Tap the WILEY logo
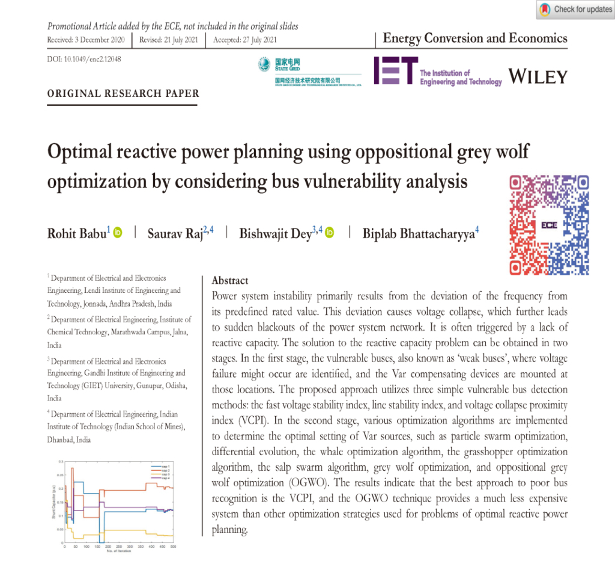tap(538, 76)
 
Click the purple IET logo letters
tap(395, 70)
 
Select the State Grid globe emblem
tap(264, 64)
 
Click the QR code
tap(549, 224)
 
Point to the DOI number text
tap(84, 60)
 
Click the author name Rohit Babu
tap(78, 233)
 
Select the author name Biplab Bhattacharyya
tap(418, 233)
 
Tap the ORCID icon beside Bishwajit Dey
tap(329, 233)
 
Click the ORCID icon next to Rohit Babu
tap(118, 233)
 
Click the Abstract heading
tap(230, 281)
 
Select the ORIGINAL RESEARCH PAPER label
tap(123, 93)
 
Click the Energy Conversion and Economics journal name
tap(475, 38)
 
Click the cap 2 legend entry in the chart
tap(163, 470)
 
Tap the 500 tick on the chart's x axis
tap(173, 546)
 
